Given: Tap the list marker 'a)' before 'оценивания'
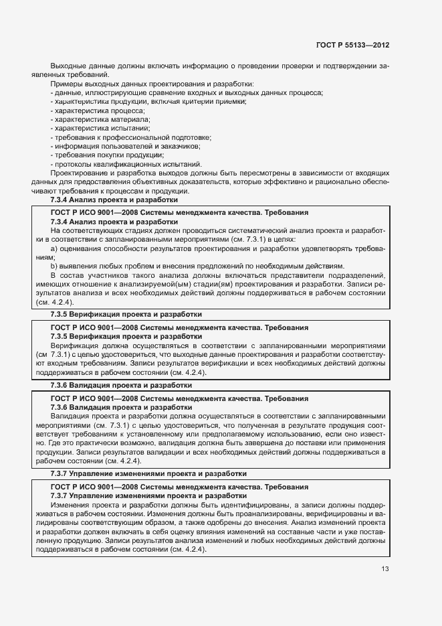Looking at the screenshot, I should click(x=54, y=248).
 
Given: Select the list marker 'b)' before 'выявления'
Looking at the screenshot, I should click(x=54, y=266).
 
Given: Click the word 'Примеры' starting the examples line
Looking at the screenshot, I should click(x=65, y=83).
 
